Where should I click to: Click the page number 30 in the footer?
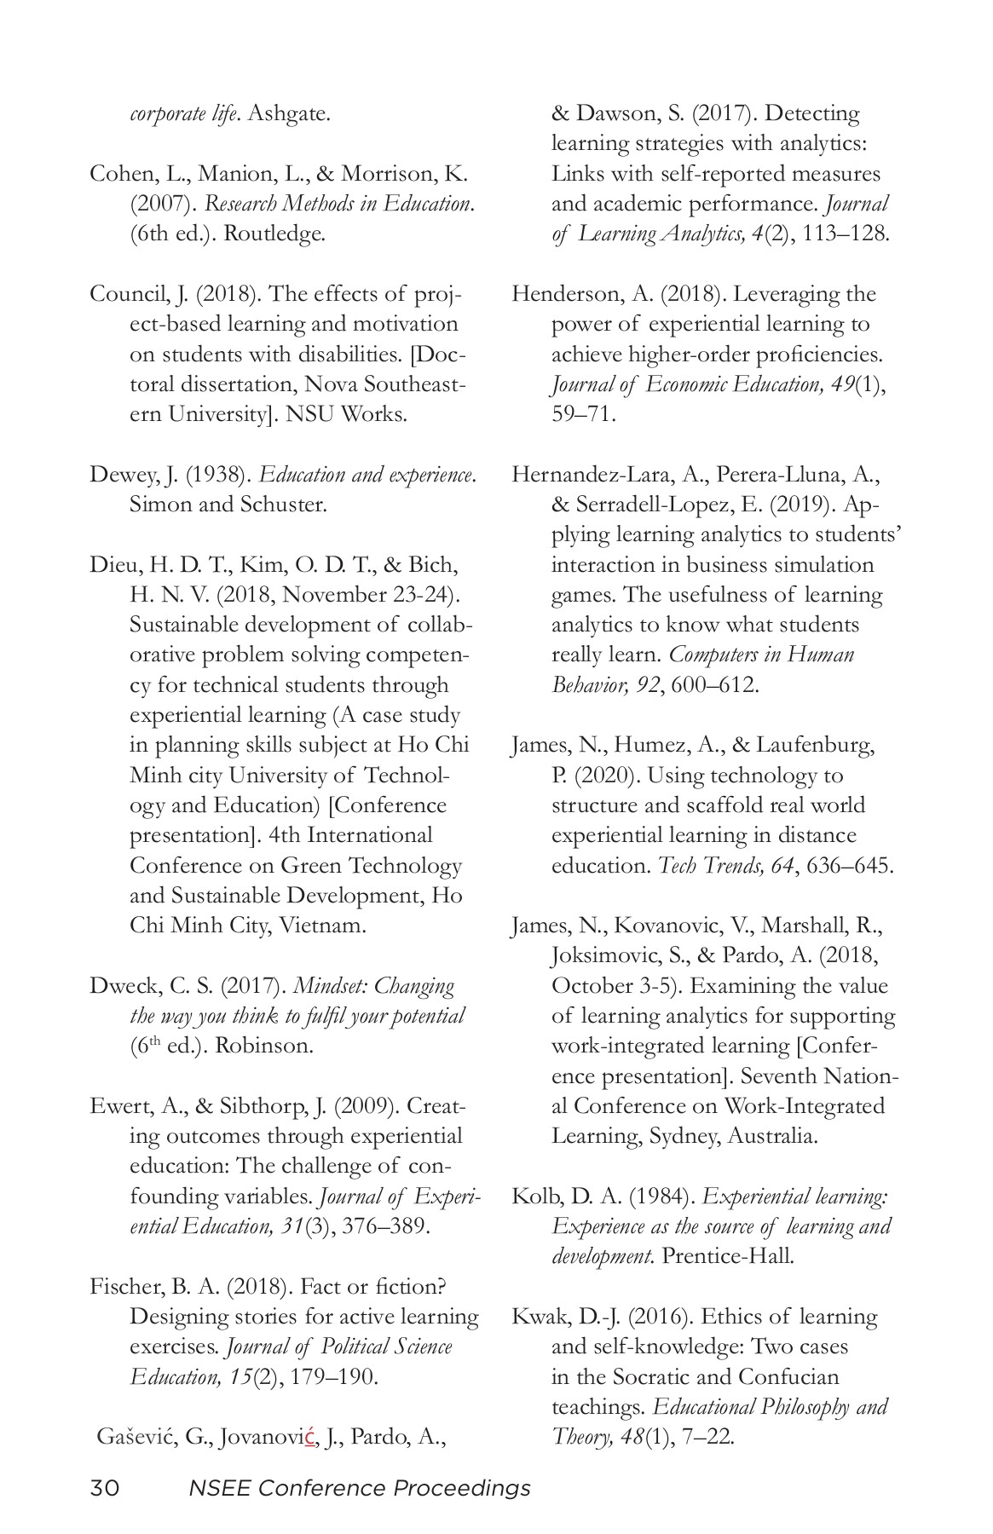point(104,1488)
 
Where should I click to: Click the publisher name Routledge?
point(274,234)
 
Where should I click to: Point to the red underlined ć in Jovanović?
point(311,1438)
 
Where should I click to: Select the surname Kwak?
point(537,1317)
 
